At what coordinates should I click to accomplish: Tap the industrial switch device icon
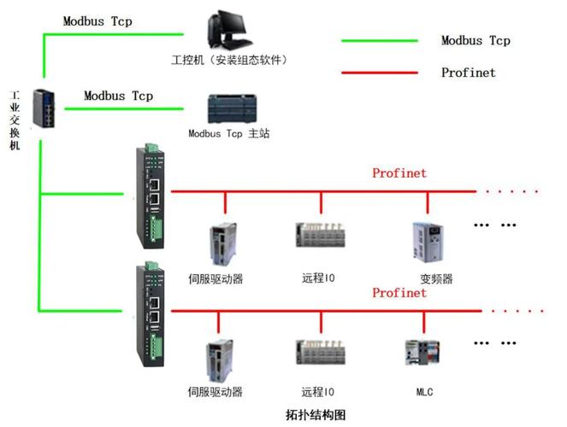pos(43,108)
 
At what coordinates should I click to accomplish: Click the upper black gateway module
pos(151,197)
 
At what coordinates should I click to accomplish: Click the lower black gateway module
pos(151,316)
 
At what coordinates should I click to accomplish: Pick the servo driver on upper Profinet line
pos(221,244)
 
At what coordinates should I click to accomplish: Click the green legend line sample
pos(379,40)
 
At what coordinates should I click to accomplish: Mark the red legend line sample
pos(379,73)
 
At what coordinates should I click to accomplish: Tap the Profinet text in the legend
pos(468,73)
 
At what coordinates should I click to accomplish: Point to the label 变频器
pos(435,278)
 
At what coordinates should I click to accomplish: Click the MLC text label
pos(424,392)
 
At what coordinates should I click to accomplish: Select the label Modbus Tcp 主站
pos(228,134)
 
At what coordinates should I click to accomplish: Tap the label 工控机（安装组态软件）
pos(228,60)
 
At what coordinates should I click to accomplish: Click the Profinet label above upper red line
pos(399,173)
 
